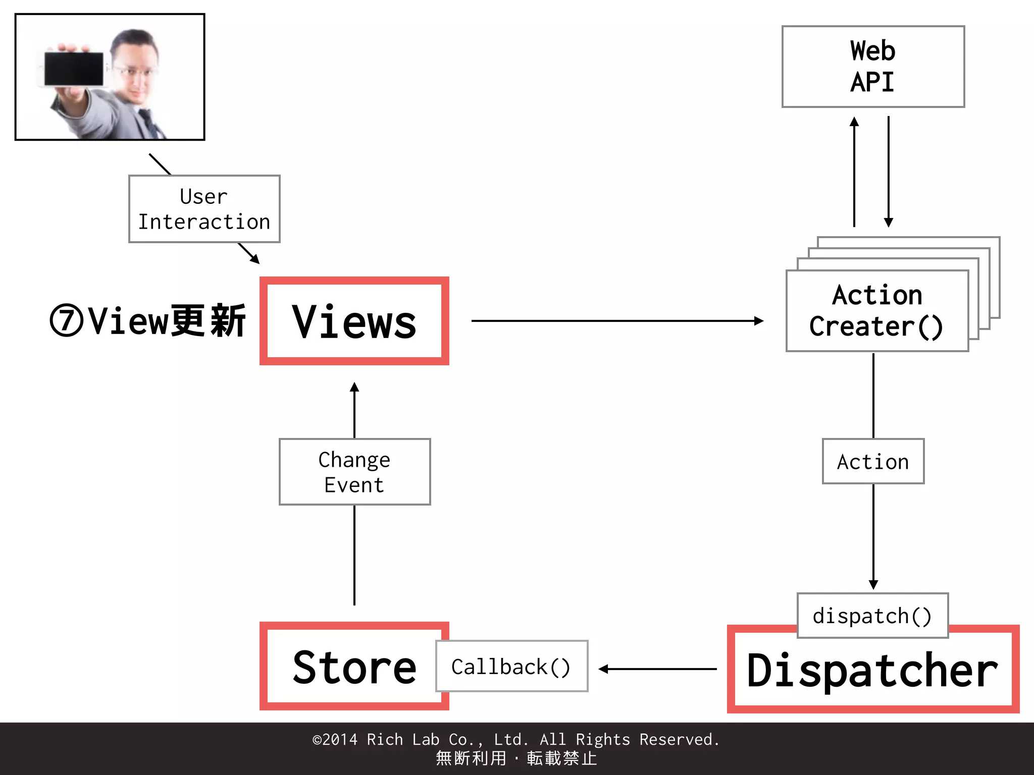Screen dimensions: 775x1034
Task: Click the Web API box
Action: (873, 67)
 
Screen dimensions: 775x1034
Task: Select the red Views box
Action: (354, 321)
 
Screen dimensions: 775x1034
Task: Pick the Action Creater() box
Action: (877, 311)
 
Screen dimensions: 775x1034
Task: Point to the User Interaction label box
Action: (204, 209)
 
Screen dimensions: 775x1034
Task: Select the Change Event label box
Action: (354, 472)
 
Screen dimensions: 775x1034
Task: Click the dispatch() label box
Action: (872, 616)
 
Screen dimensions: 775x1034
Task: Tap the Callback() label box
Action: (511, 667)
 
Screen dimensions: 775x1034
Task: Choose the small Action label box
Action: (873, 461)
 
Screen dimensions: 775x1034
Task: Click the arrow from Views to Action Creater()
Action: (616, 320)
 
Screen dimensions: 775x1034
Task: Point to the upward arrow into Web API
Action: (854, 172)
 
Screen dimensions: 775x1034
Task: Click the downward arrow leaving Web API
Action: (889, 172)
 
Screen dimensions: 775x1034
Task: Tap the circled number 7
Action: (66, 321)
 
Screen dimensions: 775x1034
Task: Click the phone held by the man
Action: (74, 69)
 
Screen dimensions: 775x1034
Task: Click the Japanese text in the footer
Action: (516, 758)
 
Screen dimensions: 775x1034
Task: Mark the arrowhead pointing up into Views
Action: (354, 387)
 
